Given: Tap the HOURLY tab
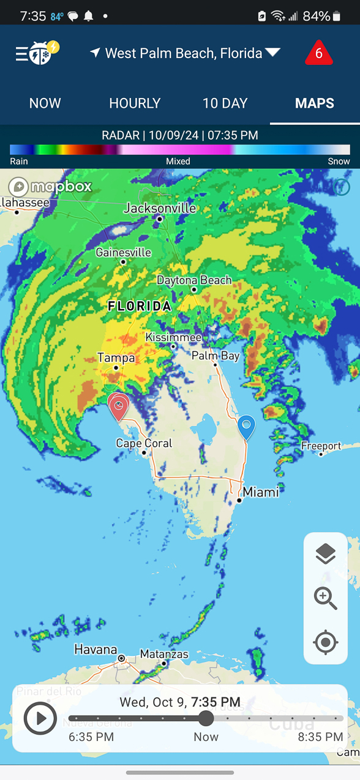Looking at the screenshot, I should pos(135,103).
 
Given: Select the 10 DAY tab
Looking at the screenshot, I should pos(225,103).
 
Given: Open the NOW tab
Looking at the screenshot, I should pos(45,103).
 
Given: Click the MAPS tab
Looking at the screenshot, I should pos(314,103).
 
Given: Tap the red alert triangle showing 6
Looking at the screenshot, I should pos(318,54).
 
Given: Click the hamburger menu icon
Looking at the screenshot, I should pos(22,54).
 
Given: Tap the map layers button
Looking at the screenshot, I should pos(325,554).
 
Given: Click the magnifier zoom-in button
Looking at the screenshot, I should pos(325,598).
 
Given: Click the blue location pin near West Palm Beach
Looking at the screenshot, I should pos(246,426).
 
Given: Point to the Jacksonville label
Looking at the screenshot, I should pos(160,208).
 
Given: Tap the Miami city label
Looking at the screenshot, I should pos(260,492).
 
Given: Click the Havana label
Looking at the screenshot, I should pos(96,649).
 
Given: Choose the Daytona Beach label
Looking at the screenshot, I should pos(194,280).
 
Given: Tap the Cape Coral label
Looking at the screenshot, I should pos(144,443).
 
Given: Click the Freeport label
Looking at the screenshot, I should pos(321,446).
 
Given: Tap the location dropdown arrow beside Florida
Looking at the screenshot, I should pos(272,53).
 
